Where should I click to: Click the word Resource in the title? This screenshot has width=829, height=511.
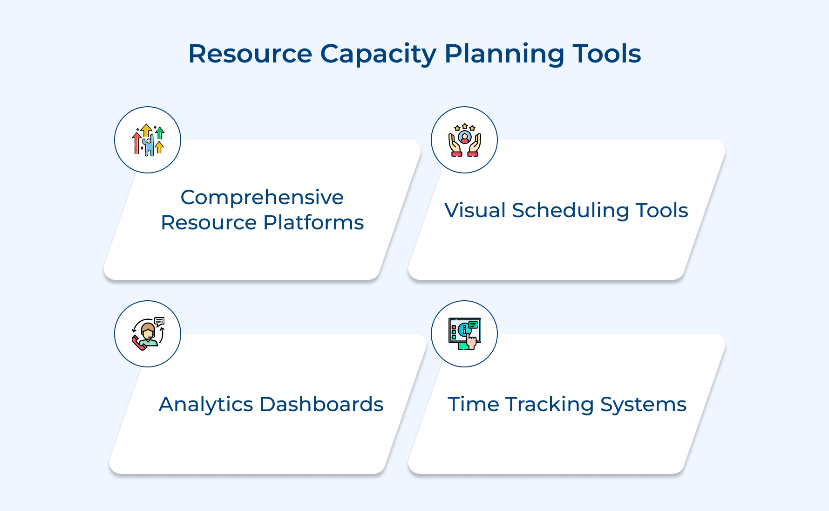click(x=250, y=54)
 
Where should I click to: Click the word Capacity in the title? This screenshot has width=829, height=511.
click(x=378, y=55)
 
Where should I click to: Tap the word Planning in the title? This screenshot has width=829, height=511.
click(x=504, y=55)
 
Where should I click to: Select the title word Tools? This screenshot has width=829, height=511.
click(x=606, y=54)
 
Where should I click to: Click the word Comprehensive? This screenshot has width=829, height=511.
click(x=262, y=198)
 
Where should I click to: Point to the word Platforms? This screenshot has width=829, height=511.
click(x=313, y=222)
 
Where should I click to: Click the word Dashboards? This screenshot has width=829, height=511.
click(x=321, y=404)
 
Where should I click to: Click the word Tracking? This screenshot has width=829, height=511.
click(x=550, y=405)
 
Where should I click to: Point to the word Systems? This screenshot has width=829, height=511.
click(x=643, y=405)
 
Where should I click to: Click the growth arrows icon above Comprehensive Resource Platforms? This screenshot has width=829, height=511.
click(x=148, y=140)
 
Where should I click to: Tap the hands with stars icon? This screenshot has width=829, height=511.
click(x=464, y=140)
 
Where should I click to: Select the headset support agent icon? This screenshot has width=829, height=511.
click(x=148, y=334)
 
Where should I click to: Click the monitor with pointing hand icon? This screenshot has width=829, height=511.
click(x=464, y=334)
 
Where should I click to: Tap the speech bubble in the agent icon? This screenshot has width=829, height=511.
click(x=159, y=321)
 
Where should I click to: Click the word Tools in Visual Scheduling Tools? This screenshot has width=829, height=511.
click(x=662, y=210)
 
